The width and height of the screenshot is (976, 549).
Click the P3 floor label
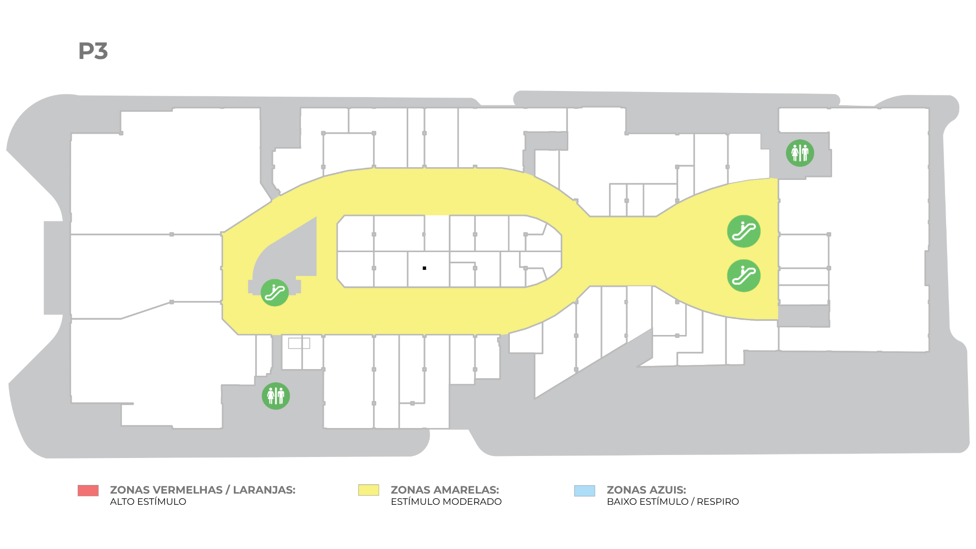[x=93, y=51]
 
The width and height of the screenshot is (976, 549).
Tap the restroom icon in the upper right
[x=800, y=153]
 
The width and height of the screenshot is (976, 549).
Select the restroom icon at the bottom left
[x=276, y=396]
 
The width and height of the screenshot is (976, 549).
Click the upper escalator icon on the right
[x=744, y=231]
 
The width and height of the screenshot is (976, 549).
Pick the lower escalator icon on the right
[x=744, y=276]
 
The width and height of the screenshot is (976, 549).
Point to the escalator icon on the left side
[x=274, y=292]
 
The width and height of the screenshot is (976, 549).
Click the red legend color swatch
[x=88, y=490]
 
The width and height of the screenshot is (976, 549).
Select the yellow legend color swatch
[x=369, y=490]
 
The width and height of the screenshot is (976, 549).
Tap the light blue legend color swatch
[x=585, y=491]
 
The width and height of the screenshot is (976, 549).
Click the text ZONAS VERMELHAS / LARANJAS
[x=202, y=490]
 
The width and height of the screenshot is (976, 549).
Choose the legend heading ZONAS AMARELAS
[x=445, y=490]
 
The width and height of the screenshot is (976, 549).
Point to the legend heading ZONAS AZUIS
[x=646, y=490]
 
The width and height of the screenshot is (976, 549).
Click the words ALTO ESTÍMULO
[x=148, y=502]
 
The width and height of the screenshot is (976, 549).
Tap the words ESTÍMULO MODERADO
[x=446, y=502]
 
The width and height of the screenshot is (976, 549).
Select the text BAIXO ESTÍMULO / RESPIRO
[x=673, y=502]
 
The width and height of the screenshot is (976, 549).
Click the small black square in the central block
[x=424, y=268]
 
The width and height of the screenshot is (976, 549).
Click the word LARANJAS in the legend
[x=264, y=490]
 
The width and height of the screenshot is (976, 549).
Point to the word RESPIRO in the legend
[x=718, y=502]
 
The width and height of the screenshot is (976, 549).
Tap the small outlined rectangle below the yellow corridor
[x=299, y=343]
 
